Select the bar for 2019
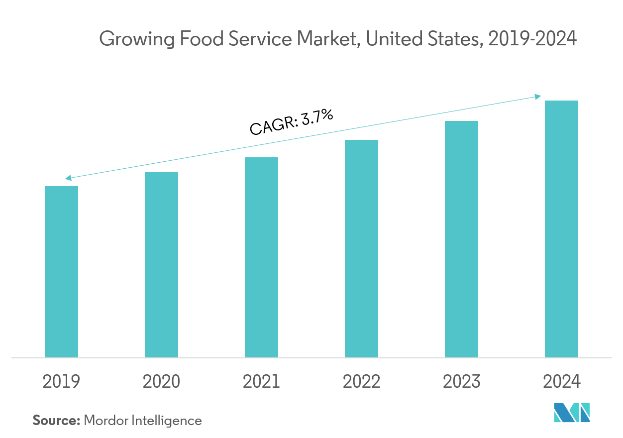pos(61,272)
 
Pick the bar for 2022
pos(361,248)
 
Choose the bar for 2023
pos(461,239)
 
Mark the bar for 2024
pos(561,229)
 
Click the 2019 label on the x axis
pos(61,382)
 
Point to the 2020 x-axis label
pos(161,382)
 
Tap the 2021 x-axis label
pos(261,382)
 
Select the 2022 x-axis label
pos(361,382)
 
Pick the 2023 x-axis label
pos(461,382)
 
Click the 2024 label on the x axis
pos(561,382)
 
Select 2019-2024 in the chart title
pos(532,39)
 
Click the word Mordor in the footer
pos(106,421)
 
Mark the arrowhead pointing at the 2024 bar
pos(538,97)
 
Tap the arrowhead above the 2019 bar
pos(68,178)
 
